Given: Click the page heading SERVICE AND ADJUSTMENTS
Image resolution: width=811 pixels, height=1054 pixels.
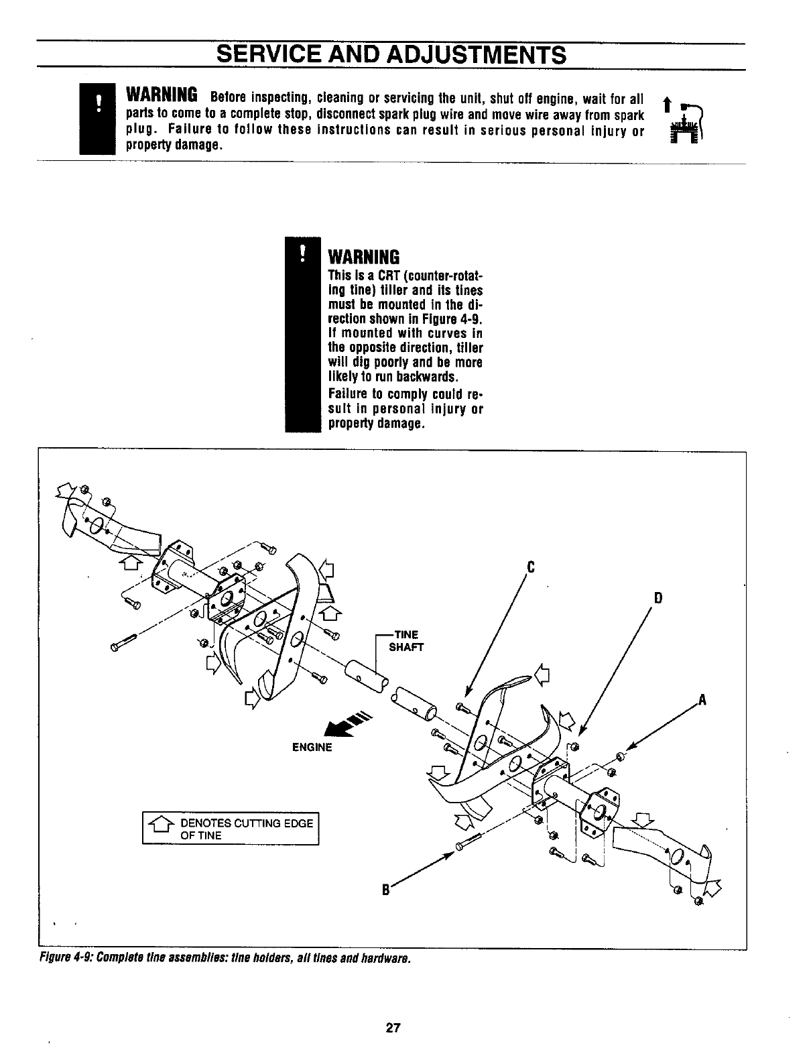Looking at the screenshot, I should click(391, 54).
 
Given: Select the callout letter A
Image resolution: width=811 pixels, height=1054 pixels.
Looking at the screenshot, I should click(702, 701).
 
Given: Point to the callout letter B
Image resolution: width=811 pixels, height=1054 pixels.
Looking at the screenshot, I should click(385, 891).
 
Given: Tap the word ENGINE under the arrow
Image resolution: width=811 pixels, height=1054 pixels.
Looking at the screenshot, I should click(312, 747).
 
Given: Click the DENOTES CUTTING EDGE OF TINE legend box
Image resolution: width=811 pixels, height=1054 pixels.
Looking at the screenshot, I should click(231, 829).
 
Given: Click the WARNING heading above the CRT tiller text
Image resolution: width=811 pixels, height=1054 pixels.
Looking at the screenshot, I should click(363, 257).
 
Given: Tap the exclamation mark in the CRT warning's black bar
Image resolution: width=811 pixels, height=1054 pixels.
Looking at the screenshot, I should click(302, 252).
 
